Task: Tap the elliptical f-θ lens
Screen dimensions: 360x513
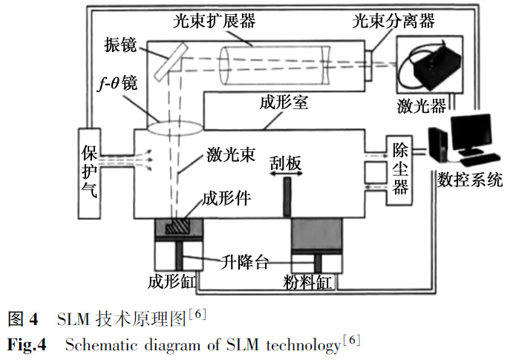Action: click(x=174, y=127)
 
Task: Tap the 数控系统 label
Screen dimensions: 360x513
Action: click(x=471, y=179)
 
